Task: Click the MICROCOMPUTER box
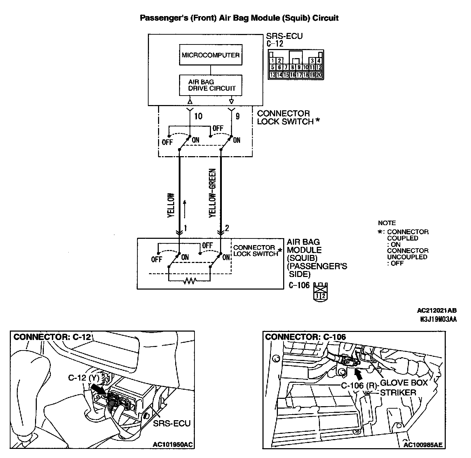click(211, 55)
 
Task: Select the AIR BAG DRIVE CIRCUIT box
click(211, 85)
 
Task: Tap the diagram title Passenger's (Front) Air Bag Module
click(239, 18)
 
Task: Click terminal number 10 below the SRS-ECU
click(198, 116)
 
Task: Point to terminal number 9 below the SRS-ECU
click(238, 116)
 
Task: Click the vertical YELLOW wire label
click(171, 205)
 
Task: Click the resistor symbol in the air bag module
click(190, 280)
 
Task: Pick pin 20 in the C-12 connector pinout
click(319, 75)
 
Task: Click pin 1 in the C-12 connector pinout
click(273, 61)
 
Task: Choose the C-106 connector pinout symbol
click(320, 291)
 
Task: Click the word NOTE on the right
click(387, 223)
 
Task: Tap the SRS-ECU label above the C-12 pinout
click(284, 36)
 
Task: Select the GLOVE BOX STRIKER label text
click(404, 387)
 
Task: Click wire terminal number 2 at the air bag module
click(227, 228)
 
